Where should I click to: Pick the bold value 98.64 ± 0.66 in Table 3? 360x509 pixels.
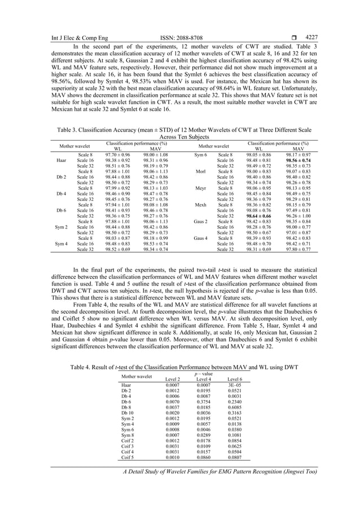coord(259,216)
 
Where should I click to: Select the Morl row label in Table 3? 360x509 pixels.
coord(200,172)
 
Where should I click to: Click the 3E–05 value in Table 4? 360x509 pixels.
coord(234,385)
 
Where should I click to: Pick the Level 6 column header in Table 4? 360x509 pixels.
coord(234,379)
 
